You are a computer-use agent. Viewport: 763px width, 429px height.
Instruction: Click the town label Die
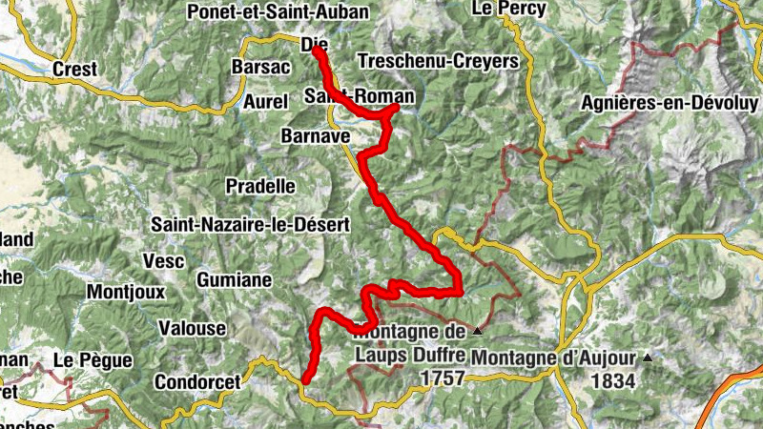(314, 44)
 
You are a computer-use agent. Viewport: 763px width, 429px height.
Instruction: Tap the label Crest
(75, 69)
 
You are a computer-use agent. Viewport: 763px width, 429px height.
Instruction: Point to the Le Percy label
(508, 9)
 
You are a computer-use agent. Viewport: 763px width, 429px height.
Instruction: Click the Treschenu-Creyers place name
(438, 61)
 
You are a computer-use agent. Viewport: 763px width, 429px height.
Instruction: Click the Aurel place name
(264, 101)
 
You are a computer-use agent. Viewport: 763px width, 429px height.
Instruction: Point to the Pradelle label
(260, 186)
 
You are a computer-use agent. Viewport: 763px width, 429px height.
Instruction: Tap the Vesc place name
(162, 260)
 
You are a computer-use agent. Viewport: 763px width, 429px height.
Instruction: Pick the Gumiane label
(235, 279)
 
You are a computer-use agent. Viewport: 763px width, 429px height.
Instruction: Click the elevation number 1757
(442, 378)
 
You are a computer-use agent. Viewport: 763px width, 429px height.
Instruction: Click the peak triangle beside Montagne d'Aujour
(649, 357)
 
